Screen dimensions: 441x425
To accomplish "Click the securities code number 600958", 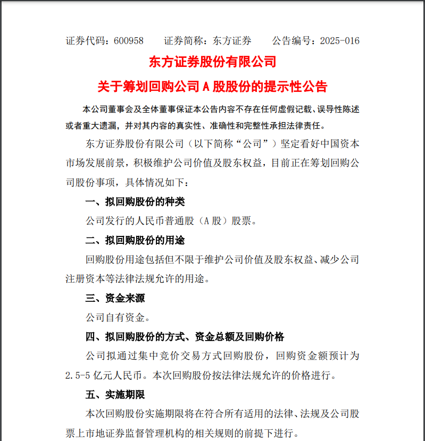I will point(129,41).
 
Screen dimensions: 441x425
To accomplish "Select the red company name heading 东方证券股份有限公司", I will point(213,62).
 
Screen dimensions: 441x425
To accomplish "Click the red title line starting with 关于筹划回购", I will point(213,86).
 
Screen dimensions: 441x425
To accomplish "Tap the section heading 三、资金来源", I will point(115,298).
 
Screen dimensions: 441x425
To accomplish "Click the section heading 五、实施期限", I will point(115,395).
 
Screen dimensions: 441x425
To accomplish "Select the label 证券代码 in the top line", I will point(85,41).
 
